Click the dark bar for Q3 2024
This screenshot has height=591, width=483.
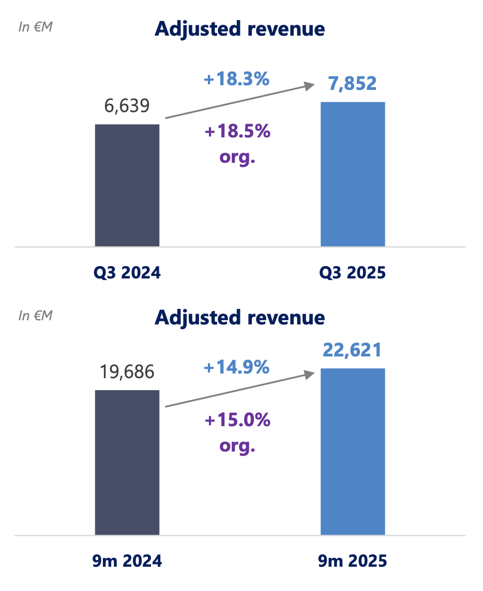point(127,185)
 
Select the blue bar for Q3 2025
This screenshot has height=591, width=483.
point(353,174)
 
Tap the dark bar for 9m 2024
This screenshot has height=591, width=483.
point(127,462)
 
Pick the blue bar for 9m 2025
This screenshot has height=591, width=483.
point(353,452)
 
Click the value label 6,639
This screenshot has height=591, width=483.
point(127,106)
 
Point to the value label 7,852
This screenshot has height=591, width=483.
point(353,83)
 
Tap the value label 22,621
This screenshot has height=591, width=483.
point(352,350)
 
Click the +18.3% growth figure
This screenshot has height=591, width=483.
point(237,80)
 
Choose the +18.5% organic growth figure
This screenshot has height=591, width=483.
point(237,132)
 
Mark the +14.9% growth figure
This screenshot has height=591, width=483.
point(237,367)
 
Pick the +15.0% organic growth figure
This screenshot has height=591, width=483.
point(237,420)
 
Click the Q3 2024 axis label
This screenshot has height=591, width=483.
point(127,273)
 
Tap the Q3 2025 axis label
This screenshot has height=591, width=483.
point(353,273)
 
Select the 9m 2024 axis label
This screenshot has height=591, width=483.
point(127,561)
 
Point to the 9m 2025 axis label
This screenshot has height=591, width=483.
point(353,561)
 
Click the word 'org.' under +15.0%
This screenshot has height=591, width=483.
point(237,445)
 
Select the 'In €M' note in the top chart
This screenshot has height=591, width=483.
point(35,27)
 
